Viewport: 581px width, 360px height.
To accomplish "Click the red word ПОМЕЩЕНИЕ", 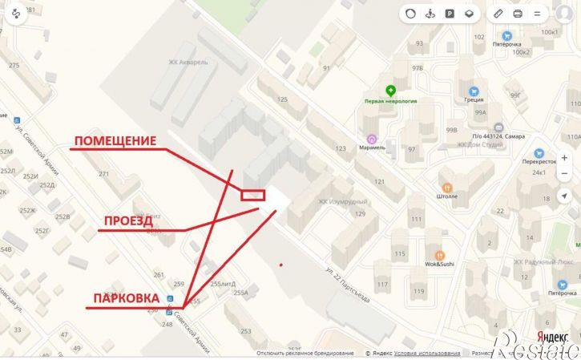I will point(115,142).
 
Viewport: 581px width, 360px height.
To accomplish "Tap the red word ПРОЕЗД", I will point(128,221).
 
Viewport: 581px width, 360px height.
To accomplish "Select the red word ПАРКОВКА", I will point(125,298).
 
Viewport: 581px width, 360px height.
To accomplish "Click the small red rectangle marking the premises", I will point(253,194).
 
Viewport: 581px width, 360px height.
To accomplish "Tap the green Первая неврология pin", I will point(390,91).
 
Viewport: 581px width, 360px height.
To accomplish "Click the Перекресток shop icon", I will point(539,152).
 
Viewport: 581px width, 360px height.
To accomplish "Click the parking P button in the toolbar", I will point(450,14).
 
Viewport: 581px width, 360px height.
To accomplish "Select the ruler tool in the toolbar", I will point(498,14).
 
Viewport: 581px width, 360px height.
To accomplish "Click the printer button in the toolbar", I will point(518,14).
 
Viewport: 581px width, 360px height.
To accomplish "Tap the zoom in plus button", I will point(564,157).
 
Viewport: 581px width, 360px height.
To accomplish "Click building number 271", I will point(103,173).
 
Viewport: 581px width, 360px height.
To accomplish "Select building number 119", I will point(418,291).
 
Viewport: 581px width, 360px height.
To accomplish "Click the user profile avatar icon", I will point(562,14).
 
